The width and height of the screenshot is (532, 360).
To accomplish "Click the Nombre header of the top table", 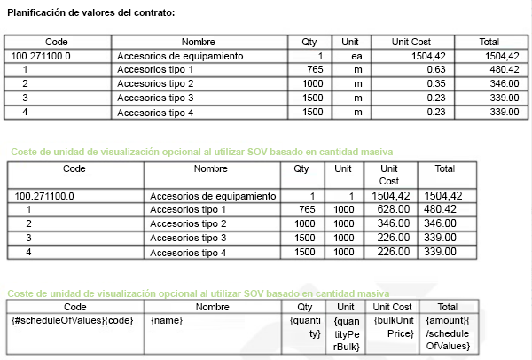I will (199, 42).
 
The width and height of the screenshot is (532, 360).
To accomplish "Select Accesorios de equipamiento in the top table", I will (180, 56).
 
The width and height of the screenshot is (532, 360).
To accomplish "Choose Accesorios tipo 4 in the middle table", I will (189, 253).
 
